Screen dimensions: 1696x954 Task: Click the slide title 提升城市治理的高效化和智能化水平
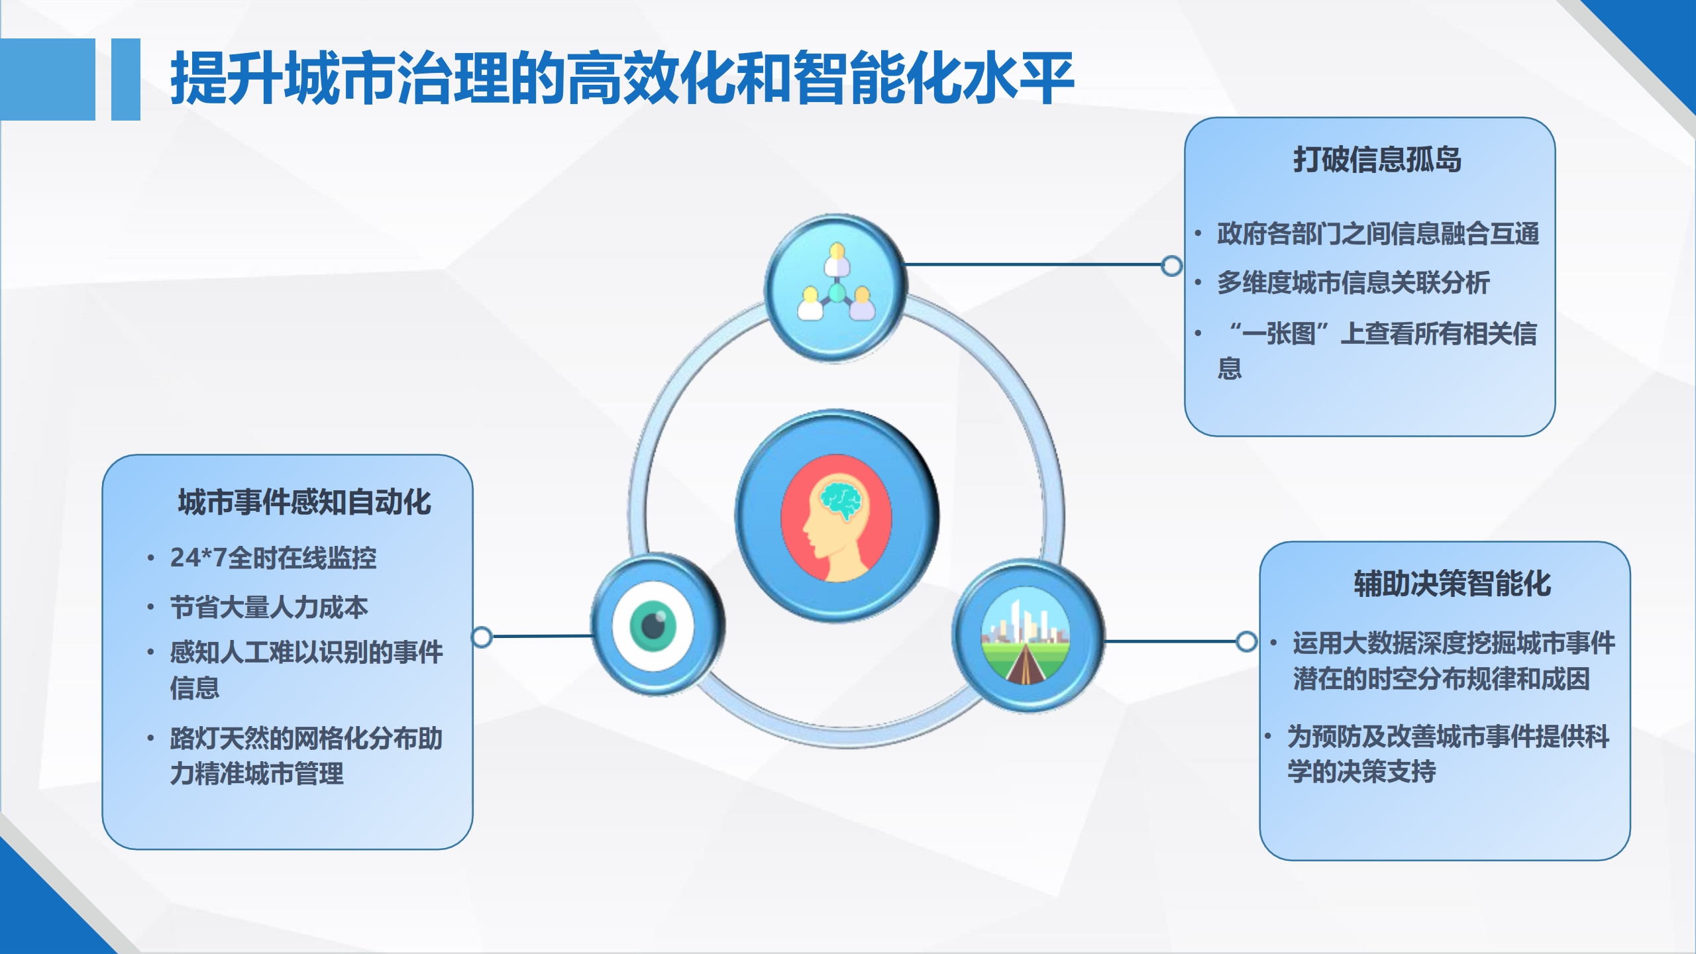coord(622,78)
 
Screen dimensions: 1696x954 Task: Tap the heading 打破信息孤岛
coord(1377,160)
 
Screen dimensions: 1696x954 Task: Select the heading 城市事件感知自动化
coord(305,502)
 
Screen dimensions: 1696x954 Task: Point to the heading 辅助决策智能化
coord(1452,584)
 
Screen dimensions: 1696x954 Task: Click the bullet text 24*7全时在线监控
coord(273,558)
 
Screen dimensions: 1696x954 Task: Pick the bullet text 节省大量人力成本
coord(269,607)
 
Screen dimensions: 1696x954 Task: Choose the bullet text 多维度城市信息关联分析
coord(1353,283)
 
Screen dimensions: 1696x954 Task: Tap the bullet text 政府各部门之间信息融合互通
coord(1378,234)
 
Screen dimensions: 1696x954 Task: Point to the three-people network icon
coord(836,288)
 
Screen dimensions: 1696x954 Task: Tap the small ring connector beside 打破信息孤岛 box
coord(1171,266)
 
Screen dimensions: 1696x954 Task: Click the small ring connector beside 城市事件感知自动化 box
coord(482,637)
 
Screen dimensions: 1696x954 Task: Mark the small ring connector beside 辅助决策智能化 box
coord(1246,641)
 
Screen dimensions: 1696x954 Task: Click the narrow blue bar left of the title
coord(126,79)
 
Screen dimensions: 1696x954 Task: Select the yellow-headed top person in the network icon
coord(837,260)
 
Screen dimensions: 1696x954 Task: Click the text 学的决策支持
coord(1361,772)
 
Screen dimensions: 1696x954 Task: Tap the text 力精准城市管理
coord(257,773)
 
